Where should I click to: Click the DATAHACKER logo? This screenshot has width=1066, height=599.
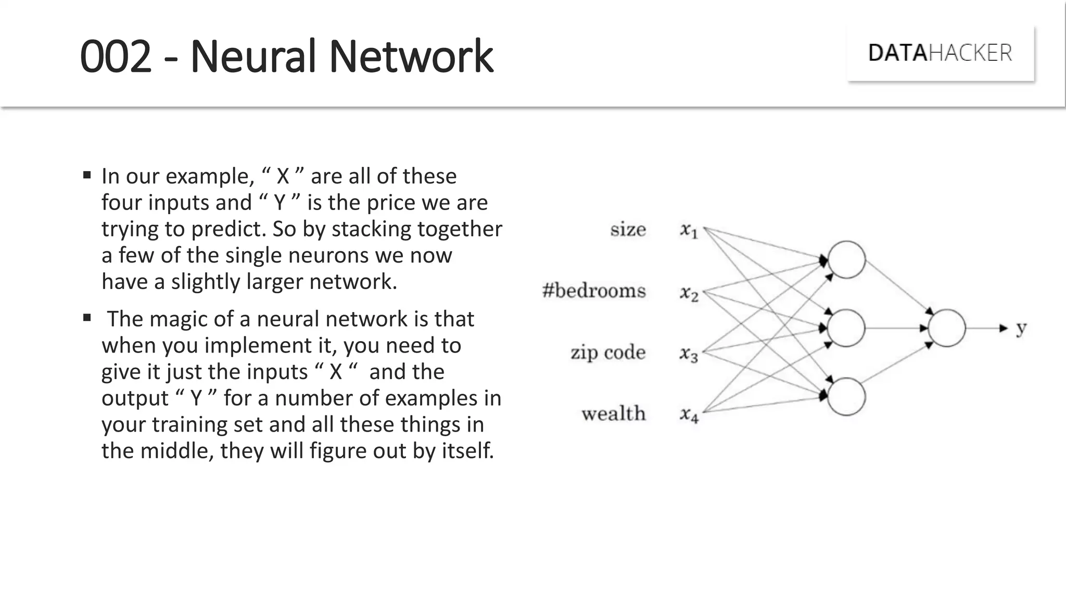tap(940, 53)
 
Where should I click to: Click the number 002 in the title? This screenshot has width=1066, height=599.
tap(116, 56)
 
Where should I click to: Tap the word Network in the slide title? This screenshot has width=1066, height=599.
tap(411, 56)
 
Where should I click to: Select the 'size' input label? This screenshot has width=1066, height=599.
tap(628, 229)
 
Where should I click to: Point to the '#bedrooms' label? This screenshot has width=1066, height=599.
tap(594, 290)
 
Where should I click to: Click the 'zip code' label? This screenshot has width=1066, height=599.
tap(608, 352)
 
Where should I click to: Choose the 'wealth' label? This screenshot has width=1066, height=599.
tap(614, 413)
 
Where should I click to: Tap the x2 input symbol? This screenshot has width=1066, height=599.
tap(689, 293)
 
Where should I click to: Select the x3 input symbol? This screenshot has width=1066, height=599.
tap(689, 354)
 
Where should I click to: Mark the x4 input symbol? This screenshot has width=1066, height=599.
tap(689, 414)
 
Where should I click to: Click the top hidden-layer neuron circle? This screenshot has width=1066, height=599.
tap(846, 259)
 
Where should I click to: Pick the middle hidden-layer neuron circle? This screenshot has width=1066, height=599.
tap(846, 328)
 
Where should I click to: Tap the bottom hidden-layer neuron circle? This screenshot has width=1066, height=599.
tap(846, 397)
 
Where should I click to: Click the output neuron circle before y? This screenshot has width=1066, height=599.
tap(946, 328)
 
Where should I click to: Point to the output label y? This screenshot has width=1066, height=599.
tap(1021, 328)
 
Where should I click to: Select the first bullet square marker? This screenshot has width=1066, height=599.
tap(87, 175)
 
